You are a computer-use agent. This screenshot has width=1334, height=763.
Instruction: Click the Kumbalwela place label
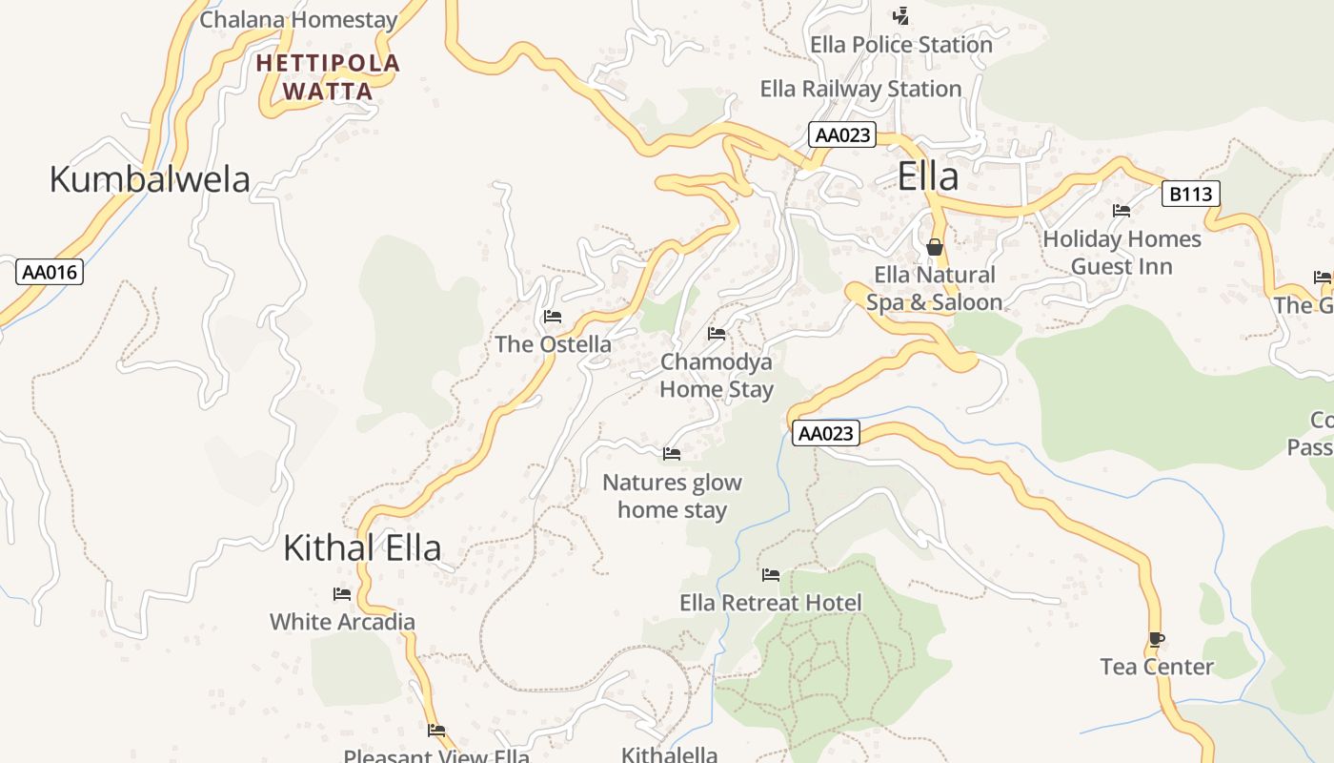click(150, 179)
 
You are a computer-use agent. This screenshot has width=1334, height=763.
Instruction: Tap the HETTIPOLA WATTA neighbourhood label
click(329, 77)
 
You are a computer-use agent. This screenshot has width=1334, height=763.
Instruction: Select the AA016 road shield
click(50, 272)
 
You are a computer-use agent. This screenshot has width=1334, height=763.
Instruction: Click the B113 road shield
click(1191, 195)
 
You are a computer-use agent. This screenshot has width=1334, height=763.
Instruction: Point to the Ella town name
click(928, 177)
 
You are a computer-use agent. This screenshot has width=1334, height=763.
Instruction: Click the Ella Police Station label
click(900, 45)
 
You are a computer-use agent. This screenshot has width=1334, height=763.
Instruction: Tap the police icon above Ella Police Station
click(900, 16)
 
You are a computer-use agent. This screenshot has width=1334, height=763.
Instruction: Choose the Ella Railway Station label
click(860, 90)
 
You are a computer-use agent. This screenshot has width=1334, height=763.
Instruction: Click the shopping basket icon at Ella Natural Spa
click(935, 247)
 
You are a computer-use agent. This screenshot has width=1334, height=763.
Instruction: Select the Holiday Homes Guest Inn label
click(1122, 253)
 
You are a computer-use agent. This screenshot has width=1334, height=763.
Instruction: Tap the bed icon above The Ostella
click(552, 317)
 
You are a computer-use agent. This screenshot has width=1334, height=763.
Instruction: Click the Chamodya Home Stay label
click(717, 376)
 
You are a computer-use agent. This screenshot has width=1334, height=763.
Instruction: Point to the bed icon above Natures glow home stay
click(672, 454)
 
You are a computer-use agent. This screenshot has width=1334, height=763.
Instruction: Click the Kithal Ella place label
click(362, 548)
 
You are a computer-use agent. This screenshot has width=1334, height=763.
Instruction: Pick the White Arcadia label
click(342, 622)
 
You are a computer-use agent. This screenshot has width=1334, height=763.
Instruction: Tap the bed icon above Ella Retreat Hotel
click(771, 575)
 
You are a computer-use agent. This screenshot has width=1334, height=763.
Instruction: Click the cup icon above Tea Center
click(1157, 639)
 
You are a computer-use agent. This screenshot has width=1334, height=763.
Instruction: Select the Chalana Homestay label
click(298, 19)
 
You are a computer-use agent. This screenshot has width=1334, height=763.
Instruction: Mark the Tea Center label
click(1157, 667)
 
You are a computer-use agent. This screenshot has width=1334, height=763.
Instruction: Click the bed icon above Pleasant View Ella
click(436, 732)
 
